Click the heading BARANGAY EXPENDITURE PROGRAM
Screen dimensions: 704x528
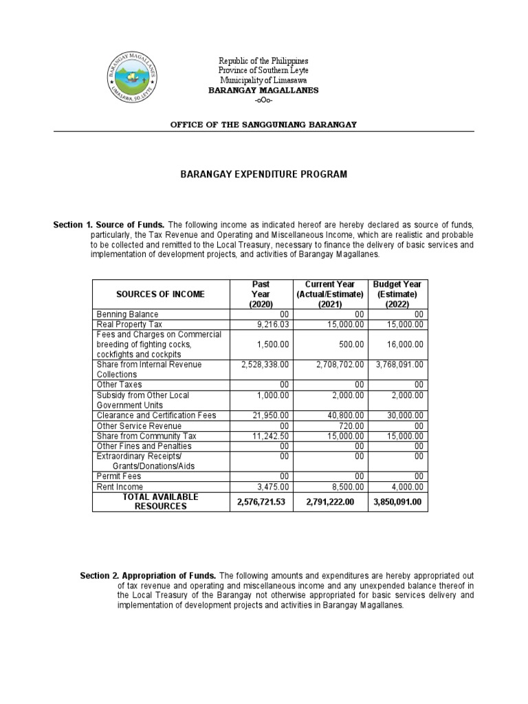click(263, 175)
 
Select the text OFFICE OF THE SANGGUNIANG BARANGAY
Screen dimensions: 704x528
click(263, 124)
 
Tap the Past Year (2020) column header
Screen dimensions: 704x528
click(261, 294)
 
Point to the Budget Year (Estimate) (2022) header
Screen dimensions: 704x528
click(397, 294)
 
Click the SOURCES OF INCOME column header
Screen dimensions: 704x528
click(160, 294)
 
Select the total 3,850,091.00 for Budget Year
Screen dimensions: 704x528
click(397, 502)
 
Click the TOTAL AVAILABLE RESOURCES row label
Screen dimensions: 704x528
click(160, 501)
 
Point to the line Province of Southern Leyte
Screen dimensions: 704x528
click(263, 71)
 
